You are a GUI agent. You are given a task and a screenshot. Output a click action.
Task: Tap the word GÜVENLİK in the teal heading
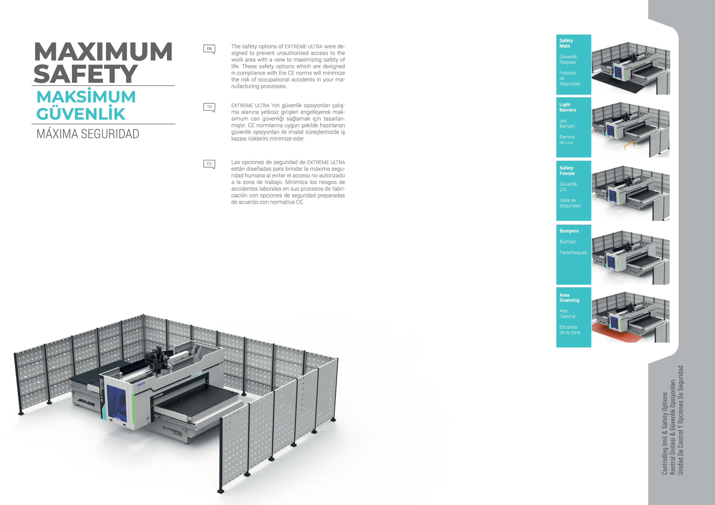tap(81, 114)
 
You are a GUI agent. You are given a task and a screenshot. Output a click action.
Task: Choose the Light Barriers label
tap(567, 107)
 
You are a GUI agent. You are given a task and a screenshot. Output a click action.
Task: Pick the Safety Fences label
tap(567, 170)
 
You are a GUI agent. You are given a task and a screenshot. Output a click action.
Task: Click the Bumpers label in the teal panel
tap(569, 231)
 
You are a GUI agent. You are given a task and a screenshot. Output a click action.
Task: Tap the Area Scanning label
tap(569, 298)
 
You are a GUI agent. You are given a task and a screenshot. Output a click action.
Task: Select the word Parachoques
tap(573, 252)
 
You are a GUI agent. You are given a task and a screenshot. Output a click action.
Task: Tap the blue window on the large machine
tap(117, 403)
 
